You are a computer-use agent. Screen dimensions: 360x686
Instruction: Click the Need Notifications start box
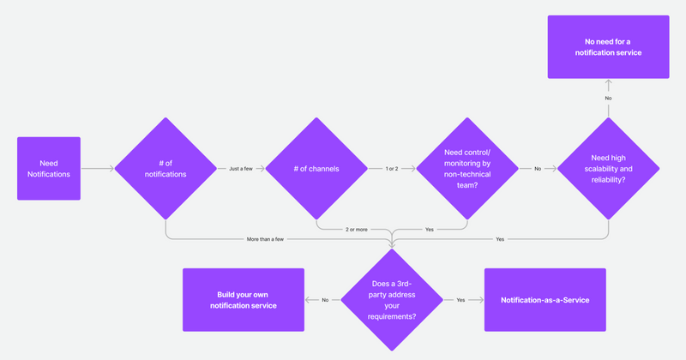49,168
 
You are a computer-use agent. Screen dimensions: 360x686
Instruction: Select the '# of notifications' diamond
165,168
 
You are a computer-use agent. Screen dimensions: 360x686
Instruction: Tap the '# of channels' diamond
316,168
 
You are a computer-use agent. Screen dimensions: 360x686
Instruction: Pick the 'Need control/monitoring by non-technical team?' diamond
467,168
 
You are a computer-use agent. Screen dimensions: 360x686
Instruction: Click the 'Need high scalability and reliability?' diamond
608,168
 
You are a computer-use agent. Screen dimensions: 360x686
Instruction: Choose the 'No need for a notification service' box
608,47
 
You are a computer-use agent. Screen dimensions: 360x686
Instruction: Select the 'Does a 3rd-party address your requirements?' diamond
392,300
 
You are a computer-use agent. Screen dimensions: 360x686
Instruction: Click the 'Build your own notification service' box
244,300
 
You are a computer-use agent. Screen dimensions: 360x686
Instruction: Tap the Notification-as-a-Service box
545,300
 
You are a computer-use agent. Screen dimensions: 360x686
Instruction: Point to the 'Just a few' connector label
241,169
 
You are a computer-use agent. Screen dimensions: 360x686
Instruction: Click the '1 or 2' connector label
392,169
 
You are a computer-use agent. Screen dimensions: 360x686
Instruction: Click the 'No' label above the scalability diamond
608,99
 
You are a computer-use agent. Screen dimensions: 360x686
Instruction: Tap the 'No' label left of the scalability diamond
538,169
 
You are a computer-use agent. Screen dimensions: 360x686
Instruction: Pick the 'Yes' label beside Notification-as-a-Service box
460,300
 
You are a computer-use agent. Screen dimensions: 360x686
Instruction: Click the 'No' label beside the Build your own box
325,300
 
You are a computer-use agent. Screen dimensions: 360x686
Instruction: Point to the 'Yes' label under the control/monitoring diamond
430,230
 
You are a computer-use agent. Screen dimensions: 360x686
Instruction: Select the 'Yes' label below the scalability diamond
500,238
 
